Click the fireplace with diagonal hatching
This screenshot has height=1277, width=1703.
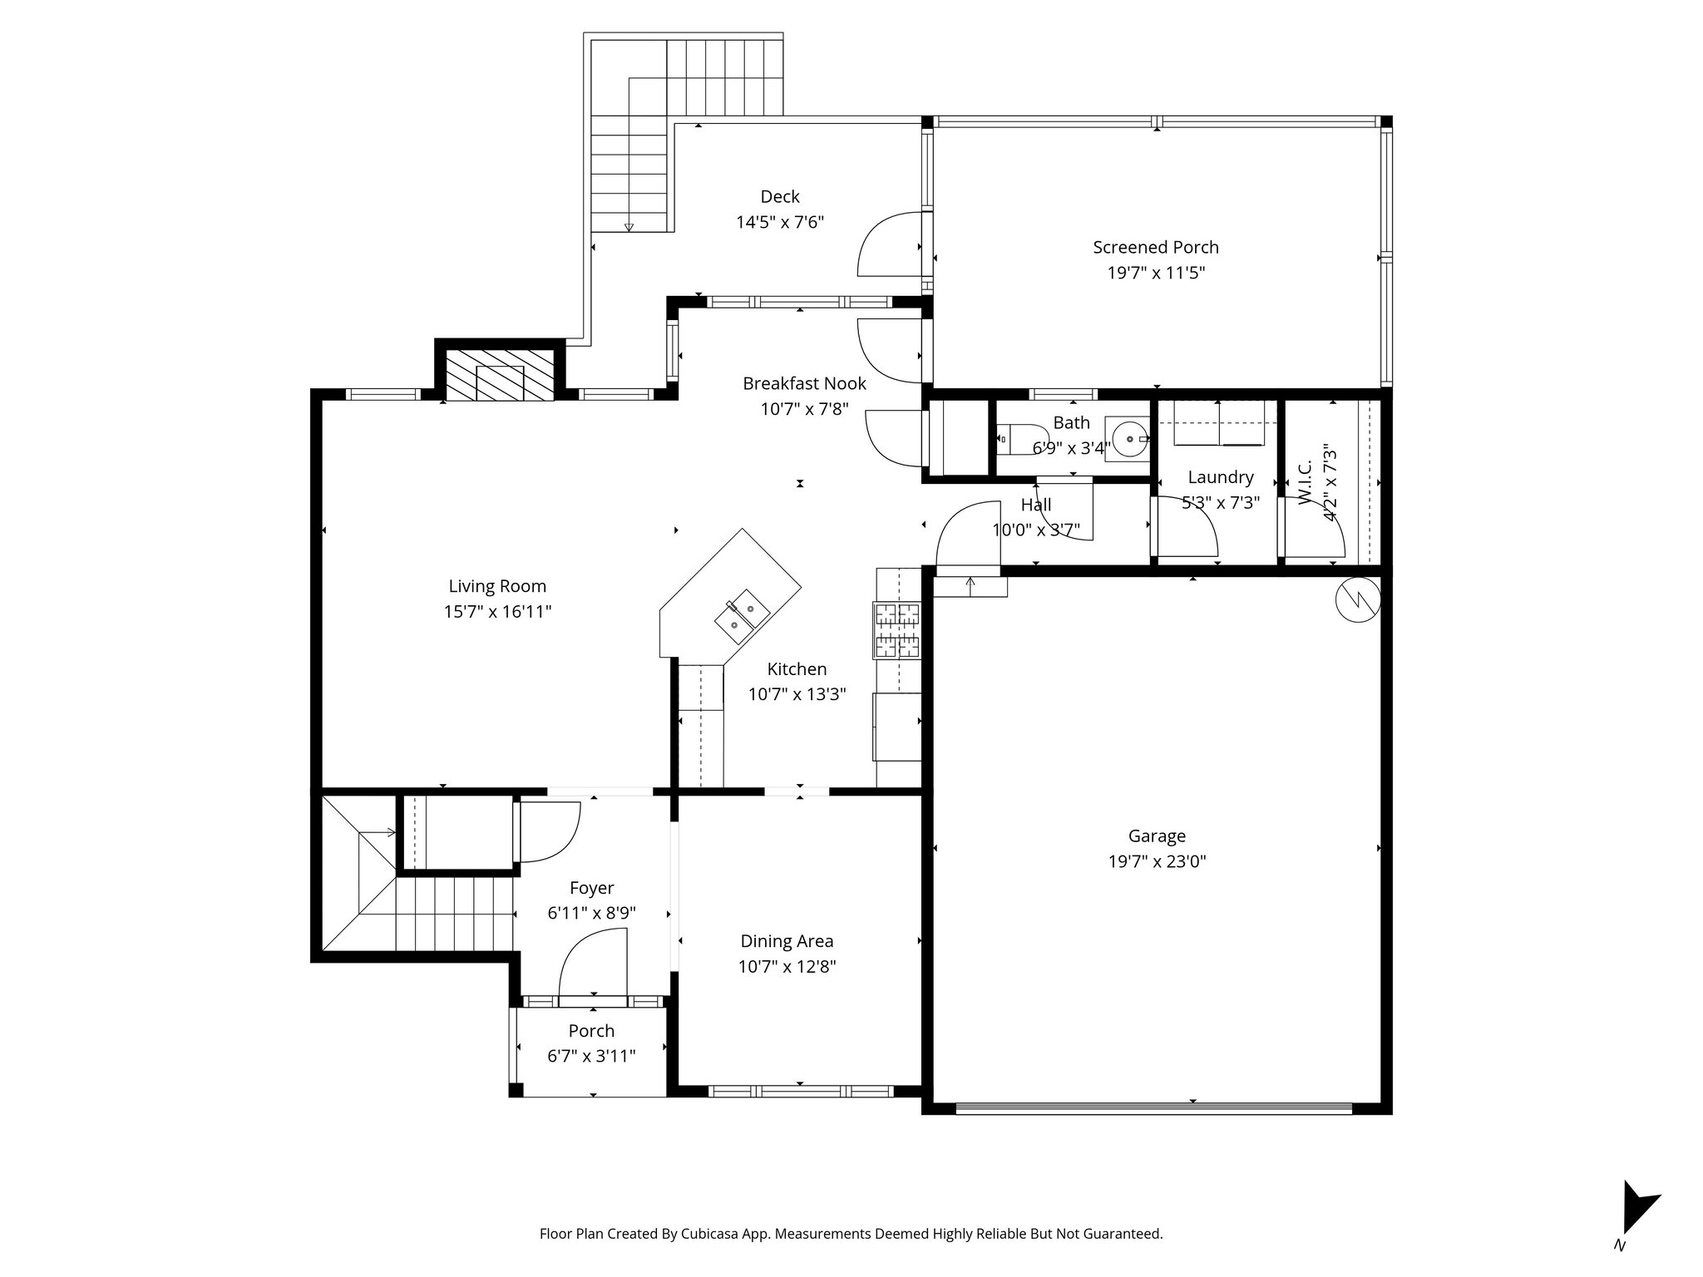tap(500, 375)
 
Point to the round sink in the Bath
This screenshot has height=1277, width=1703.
tap(1128, 437)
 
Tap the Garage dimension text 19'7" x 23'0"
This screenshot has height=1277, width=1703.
tap(1157, 862)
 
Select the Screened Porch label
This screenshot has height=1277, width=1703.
tap(1155, 247)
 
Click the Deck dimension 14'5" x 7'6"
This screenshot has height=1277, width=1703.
tap(779, 223)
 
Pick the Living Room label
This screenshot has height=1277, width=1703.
tap(497, 586)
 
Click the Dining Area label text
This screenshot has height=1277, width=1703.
tap(787, 941)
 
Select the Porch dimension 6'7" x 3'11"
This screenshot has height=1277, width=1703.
tap(591, 1057)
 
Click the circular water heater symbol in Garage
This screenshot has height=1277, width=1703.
tap(1357, 598)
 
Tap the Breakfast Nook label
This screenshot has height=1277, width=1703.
tap(804, 383)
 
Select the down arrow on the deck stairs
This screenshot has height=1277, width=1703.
tap(629, 227)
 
